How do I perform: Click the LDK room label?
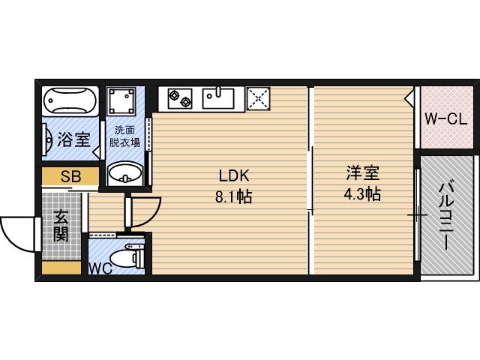pyautogui.click(x=233, y=175)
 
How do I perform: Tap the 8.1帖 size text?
pyautogui.click(x=233, y=196)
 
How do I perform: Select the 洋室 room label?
pyautogui.click(x=362, y=172)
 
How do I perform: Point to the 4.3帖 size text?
pyautogui.click(x=362, y=194)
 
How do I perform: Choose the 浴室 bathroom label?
pyautogui.click(x=73, y=139)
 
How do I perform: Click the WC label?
pyautogui.click(x=100, y=268)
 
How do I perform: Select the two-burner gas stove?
pyautogui.click(x=180, y=97)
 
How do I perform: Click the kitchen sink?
pyautogui.click(x=219, y=97)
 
